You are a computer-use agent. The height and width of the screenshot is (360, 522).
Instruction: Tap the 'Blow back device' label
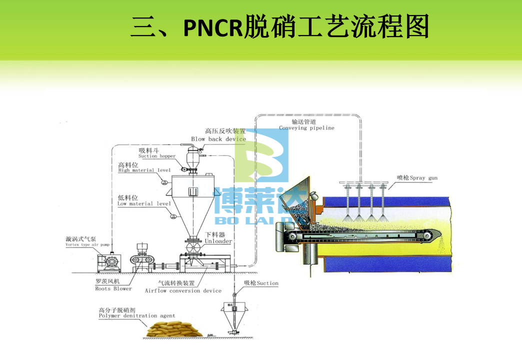pos(218,139)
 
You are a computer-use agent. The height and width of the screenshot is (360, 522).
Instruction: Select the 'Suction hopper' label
pos(157,156)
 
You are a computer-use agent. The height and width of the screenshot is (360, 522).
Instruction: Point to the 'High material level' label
pos(144,170)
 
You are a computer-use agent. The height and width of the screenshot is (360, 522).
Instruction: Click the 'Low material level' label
pos(144,203)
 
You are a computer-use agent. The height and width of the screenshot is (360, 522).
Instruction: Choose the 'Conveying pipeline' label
pos(306,128)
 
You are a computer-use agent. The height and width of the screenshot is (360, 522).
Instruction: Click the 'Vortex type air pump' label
pos(87,244)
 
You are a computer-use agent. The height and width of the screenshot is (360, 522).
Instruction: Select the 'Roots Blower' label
pos(113,288)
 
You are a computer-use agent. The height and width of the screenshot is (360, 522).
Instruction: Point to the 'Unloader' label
pos(218,241)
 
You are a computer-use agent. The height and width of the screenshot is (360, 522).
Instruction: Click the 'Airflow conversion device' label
pos(183,290)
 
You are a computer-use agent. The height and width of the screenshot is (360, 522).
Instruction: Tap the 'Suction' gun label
pos(261,283)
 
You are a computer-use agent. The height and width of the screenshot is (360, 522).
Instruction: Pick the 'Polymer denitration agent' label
pos(136,316)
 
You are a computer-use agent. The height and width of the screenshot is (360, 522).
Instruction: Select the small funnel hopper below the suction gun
pos(232,315)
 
